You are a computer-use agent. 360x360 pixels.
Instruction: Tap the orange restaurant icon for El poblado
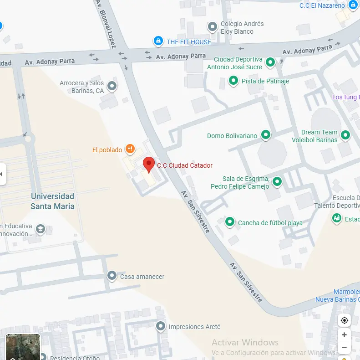[130, 148]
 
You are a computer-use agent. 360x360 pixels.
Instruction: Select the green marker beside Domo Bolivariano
[265, 135]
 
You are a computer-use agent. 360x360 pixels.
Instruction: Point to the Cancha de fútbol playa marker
[230, 222]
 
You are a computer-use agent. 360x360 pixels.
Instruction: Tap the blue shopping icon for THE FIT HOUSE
[158, 41]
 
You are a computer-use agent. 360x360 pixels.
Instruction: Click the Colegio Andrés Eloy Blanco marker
[213, 27]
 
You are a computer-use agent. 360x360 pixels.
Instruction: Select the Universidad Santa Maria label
[52, 201]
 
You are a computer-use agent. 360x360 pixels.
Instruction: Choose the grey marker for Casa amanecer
[112, 276]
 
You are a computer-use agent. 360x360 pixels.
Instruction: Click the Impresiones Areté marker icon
[160, 326]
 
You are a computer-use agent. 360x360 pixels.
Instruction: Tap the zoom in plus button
[344, 335]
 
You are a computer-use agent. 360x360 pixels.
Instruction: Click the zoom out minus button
[344, 348]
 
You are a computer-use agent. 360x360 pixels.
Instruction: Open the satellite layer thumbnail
[23, 347]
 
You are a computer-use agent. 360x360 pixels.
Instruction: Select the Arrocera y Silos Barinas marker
[112, 86]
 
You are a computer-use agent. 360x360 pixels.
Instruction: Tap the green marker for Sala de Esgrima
[277, 182]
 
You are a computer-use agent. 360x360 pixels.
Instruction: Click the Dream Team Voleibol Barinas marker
[345, 135]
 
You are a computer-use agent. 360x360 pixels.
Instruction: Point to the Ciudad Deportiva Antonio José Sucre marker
[270, 62]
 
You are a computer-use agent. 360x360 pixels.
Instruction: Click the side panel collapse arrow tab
[3, 174]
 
